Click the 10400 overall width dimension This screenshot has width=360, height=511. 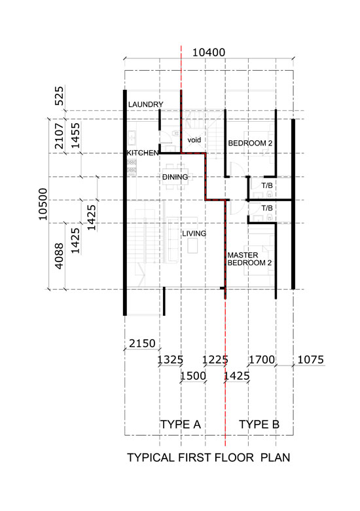[209, 52]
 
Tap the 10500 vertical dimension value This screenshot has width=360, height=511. [43, 204]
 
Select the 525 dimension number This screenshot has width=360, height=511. [60, 96]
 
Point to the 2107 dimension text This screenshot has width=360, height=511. [60, 136]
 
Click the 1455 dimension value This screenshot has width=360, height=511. [75, 136]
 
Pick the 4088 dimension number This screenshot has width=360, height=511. [60, 256]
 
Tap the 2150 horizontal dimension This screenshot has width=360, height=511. [142, 343]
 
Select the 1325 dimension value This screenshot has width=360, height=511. [170, 360]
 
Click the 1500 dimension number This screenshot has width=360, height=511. [193, 376]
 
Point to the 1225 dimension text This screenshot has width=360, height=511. [215, 360]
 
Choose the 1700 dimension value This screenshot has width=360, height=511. [262, 360]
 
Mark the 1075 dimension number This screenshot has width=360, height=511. [311, 360]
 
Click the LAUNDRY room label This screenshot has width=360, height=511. [145, 105]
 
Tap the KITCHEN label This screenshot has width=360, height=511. [143, 153]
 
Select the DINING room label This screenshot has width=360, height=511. [175, 177]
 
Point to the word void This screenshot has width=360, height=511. [194, 140]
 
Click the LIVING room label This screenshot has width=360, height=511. [194, 234]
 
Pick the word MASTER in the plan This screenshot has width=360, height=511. [243, 255]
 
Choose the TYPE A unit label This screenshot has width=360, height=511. [181, 425]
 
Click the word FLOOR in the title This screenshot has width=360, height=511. [234, 457]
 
